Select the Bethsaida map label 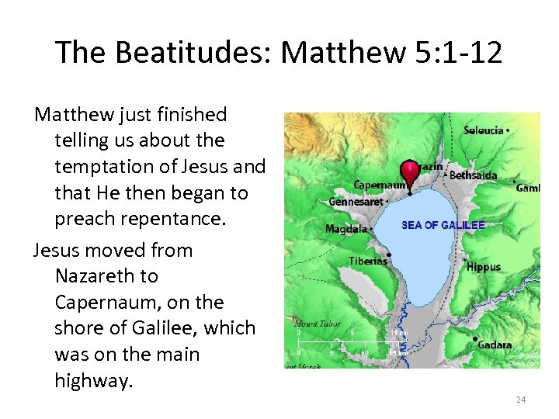click(473, 175)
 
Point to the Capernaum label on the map click(379, 185)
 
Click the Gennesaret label click(356, 202)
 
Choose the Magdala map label click(345, 229)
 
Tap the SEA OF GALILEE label click(443, 226)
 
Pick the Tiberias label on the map click(368, 261)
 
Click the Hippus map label click(484, 267)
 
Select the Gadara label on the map click(495, 345)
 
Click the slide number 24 click(521, 400)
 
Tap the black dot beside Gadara click(474, 340)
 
